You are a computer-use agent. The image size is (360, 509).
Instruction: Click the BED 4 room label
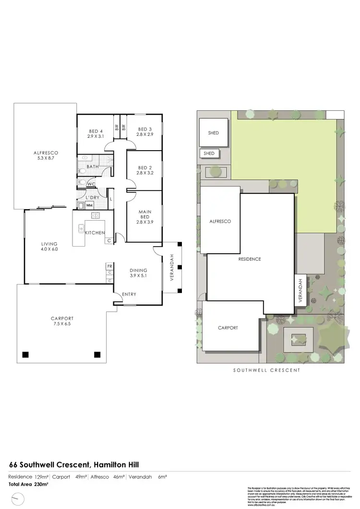96,131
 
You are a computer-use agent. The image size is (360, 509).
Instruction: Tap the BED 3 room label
145,129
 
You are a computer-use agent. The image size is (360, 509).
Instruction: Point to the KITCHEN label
95,233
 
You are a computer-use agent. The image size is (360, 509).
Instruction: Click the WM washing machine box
89,205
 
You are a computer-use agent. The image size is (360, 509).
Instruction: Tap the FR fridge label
109,266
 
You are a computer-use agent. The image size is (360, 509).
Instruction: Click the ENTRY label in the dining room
129,294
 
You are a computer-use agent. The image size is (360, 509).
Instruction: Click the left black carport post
25,355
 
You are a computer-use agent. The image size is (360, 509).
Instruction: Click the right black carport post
97,355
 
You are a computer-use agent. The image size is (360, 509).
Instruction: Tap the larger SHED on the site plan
214,133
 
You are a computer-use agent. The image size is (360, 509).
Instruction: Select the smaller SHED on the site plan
209,154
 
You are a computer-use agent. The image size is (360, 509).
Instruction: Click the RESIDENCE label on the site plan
250,259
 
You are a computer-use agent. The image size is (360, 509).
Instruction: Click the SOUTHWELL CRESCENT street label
266,370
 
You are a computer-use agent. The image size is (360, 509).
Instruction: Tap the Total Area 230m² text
29,485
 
